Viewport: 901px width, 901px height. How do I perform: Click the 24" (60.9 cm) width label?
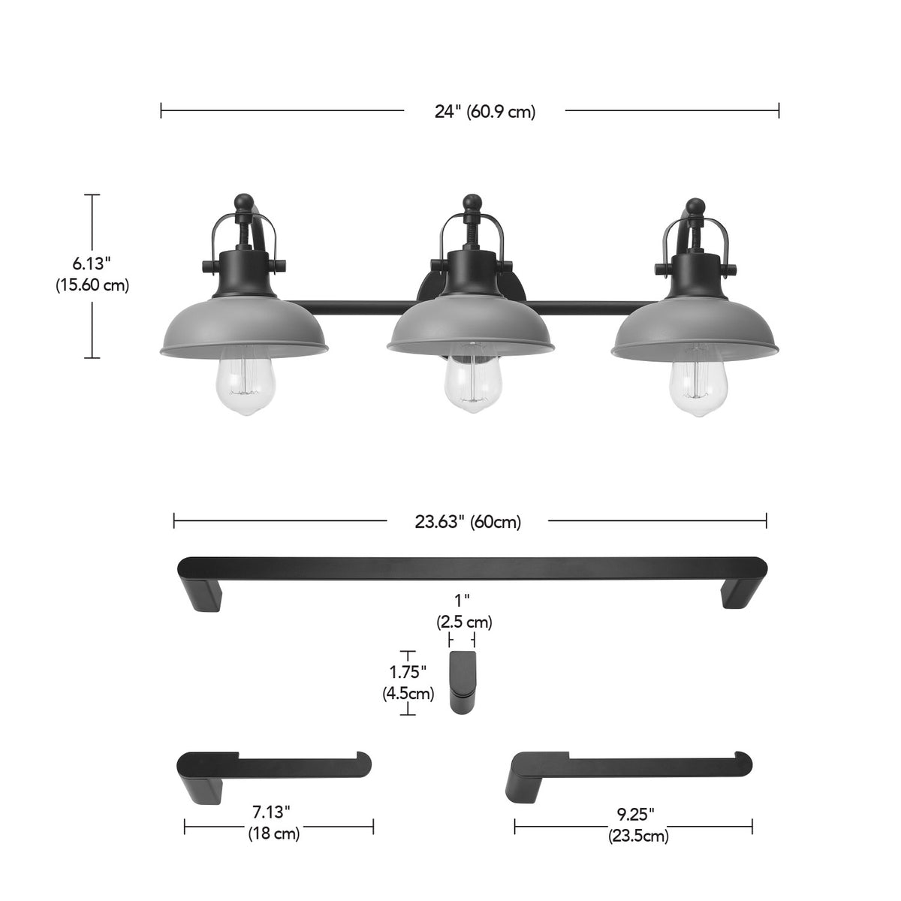tap(485, 112)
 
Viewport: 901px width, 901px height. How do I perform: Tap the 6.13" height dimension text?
tap(92, 264)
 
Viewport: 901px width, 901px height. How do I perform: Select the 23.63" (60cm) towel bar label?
tap(468, 522)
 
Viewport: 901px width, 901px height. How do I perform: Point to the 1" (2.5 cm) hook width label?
tap(464, 613)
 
